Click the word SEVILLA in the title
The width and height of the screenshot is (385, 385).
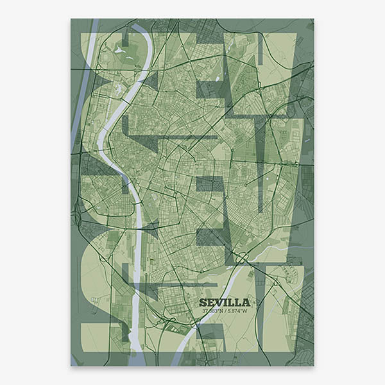pyautogui.click(x=225, y=302)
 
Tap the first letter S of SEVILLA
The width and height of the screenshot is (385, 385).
pyautogui.click(x=203, y=302)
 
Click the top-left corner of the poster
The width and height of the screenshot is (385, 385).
pyautogui.click(x=71, y=19)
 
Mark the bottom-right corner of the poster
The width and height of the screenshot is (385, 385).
pyautogui.click(x=314, y=366)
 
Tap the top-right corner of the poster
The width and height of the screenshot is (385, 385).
pyautogui.click(x=314, y=19)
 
